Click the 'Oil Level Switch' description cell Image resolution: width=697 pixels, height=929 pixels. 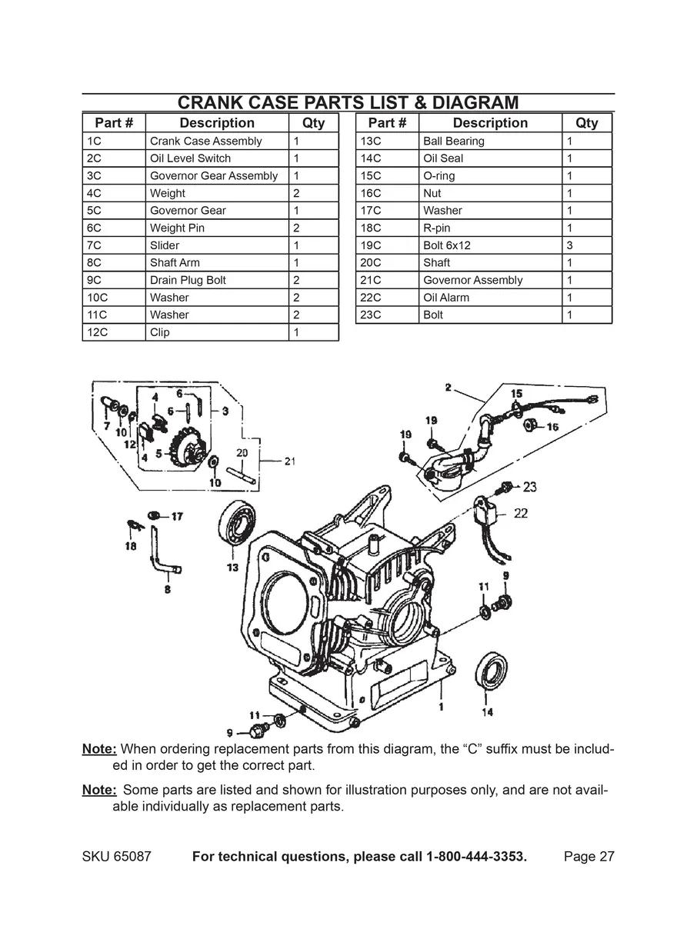(x=190, y=158)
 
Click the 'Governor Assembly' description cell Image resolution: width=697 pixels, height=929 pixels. (x=472, y=280)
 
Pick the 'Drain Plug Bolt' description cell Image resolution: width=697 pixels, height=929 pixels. (x=188, y=280)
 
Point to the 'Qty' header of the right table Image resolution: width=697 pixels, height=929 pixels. (x=586, y=123)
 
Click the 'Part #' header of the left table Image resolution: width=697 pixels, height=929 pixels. (x=114, y=123)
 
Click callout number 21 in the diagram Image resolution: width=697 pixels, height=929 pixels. (x=289, y=461)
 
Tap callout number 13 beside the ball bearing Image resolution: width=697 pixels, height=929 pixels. (x=232, y=568)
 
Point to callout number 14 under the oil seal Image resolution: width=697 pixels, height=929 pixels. (x=488, y=712)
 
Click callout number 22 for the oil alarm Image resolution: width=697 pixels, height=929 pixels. (x=521, y=513)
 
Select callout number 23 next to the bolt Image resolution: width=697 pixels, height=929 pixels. (x=529, y=487)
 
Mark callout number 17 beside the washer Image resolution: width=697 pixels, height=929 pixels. (x=177, y=516)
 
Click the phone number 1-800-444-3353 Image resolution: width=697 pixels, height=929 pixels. (x=475, y=857)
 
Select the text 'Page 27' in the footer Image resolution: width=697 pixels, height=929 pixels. (x=589, y=857)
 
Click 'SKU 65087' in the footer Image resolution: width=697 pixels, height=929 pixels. (x=116, y=857)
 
